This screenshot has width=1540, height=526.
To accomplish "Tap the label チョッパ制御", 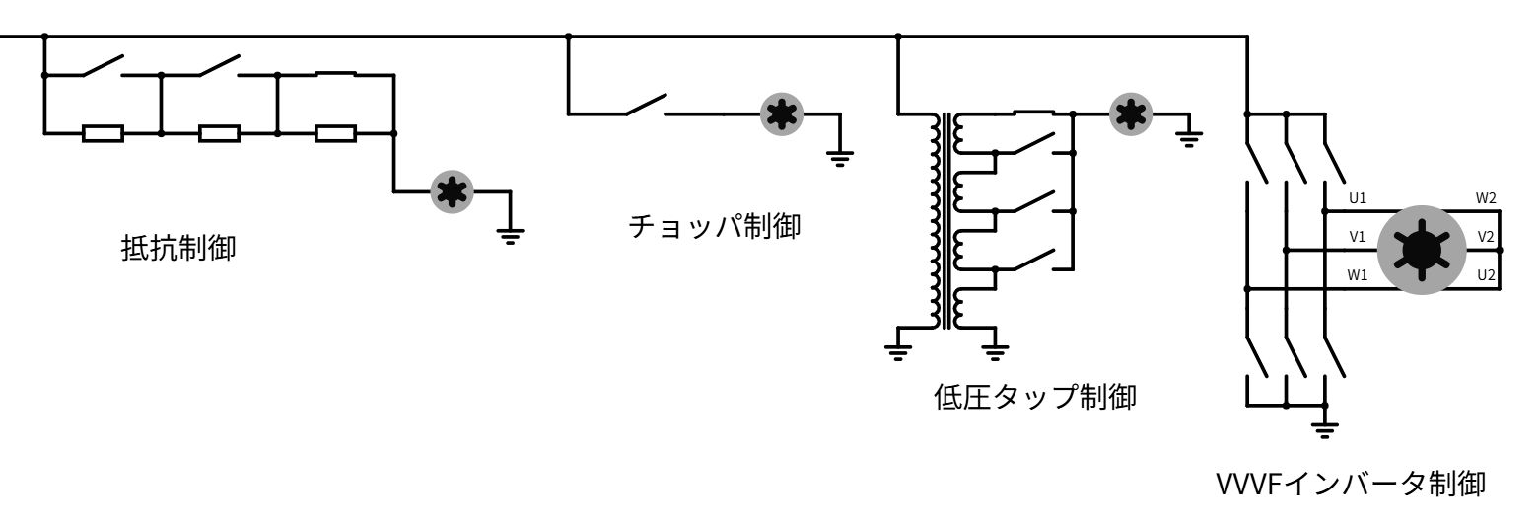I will pos(715,227).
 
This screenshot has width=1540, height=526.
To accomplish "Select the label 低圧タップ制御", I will pos(1034,399).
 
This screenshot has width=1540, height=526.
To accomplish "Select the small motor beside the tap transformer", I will pos(1130,114).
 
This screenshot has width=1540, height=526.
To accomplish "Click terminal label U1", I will pos(1358,198).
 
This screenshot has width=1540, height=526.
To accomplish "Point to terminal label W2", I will pos(1486,198).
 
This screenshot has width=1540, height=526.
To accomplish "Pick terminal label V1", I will pos(1358,237).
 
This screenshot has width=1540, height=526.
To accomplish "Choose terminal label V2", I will pos(1487,237).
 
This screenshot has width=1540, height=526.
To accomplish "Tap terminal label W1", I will pos(1358,274).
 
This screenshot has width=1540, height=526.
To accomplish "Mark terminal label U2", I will pos(1487,274).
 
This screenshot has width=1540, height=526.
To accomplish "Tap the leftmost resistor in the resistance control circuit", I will pos(103,133).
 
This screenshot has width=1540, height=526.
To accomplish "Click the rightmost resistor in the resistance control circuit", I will pos(335,133).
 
